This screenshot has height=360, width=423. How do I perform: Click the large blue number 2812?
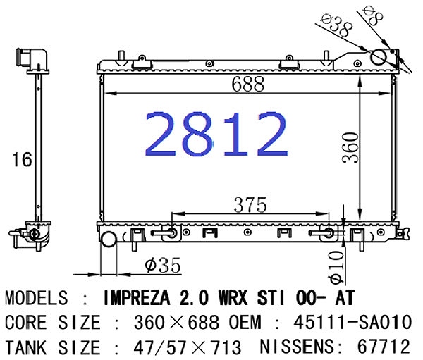point(216,134)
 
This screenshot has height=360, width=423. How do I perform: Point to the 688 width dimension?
point(248,84)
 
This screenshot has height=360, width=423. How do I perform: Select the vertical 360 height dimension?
point(350,147)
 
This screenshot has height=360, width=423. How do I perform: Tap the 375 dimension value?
point(250,205)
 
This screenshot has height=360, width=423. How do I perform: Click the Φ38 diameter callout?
point(338,25)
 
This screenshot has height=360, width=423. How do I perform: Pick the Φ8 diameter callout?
point(373,15)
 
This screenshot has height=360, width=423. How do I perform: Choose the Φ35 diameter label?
point(162,266)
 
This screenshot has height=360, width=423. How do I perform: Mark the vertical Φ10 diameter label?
point(337,267)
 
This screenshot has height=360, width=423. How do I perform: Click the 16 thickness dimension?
point(22,159)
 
